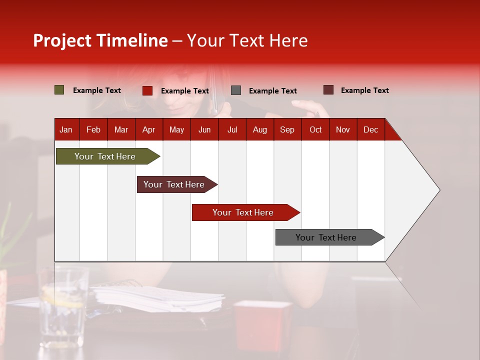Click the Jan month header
tap(66, 130)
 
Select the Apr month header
tap(148, 130)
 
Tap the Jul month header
tap(232, 130)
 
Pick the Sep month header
tap(287, 130)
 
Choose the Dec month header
tap(370, 130)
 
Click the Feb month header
tap(93, 130)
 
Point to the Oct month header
tap(315, 130)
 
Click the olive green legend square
tap(59, 90)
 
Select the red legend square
tap(147, 90)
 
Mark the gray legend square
tap(236, 90)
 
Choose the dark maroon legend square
tap(328, 90)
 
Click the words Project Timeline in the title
tap(100, 40)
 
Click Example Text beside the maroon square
tap(364, 90)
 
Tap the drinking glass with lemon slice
tap(63, 305)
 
